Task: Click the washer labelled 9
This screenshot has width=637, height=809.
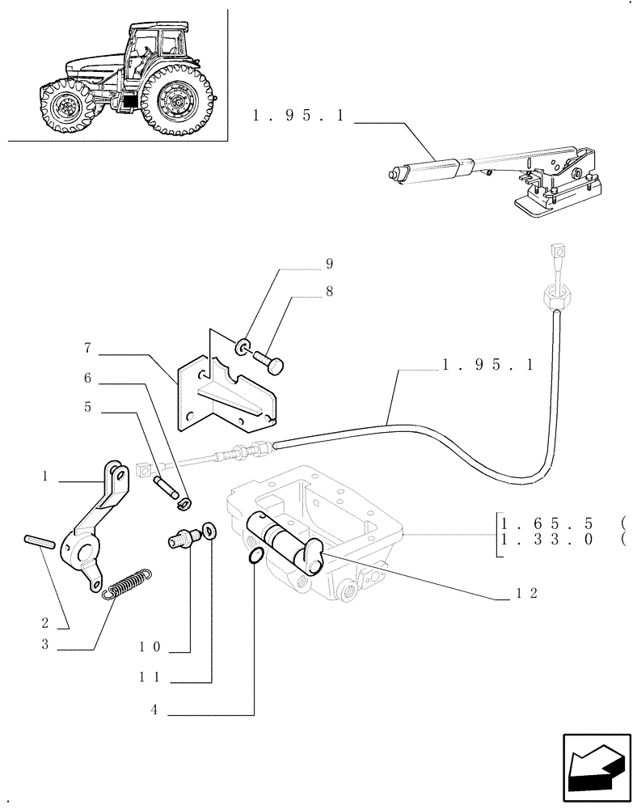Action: pos(243,348)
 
